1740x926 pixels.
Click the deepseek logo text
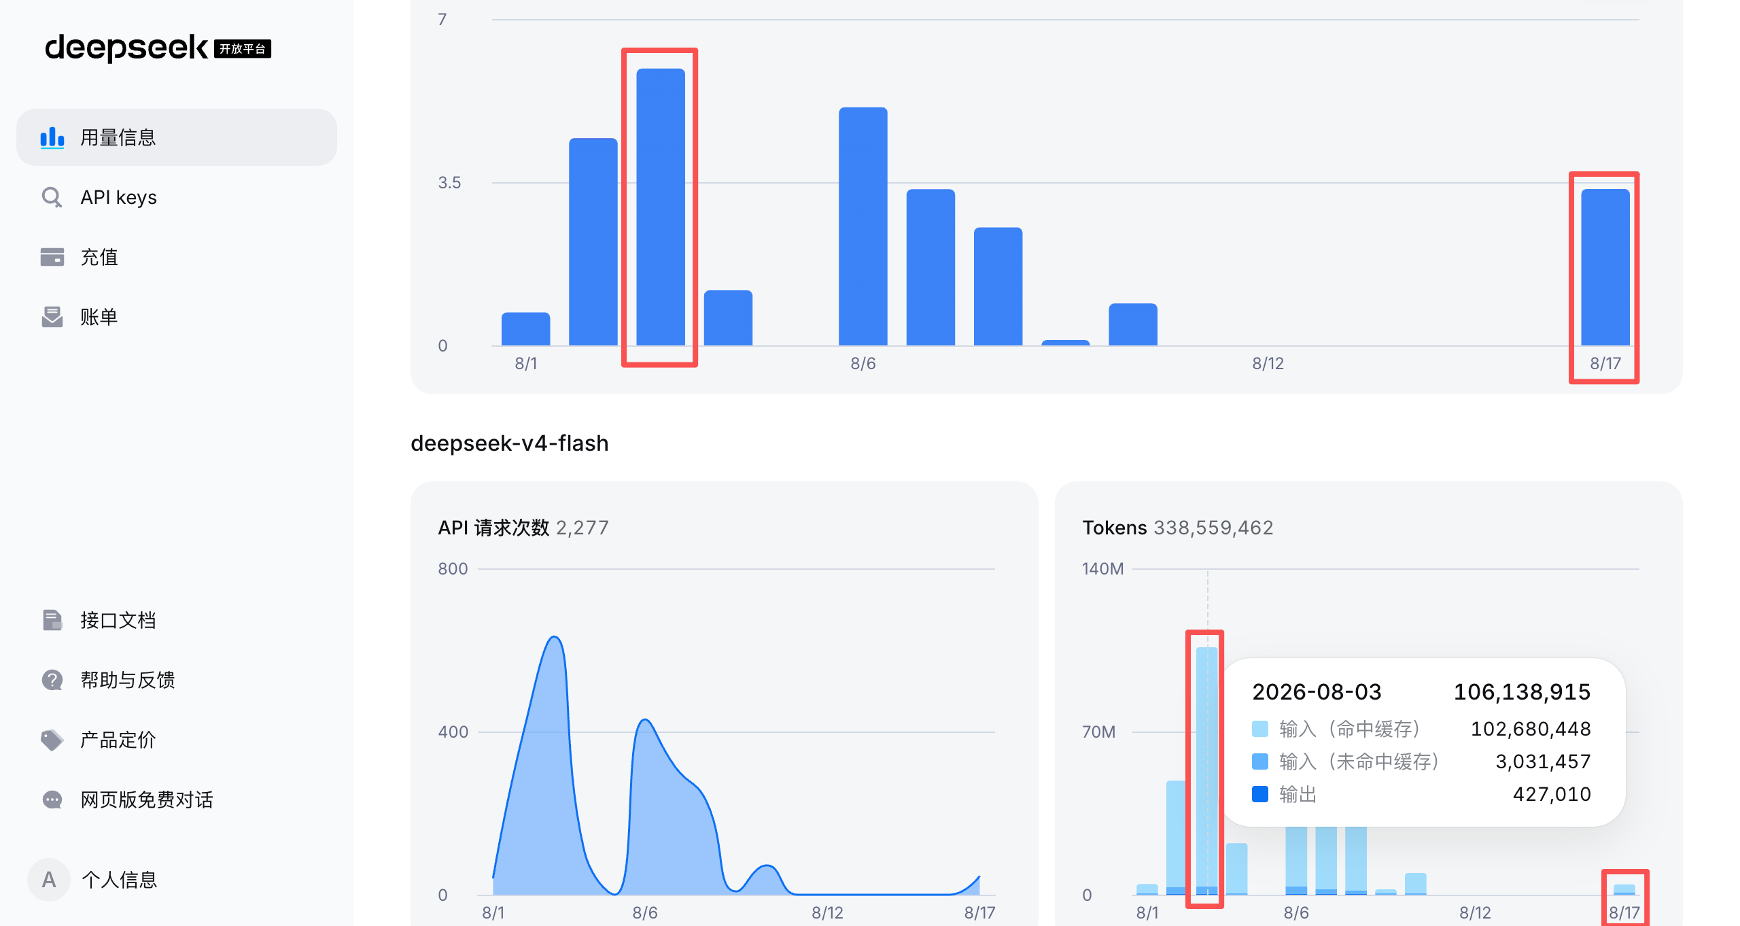click(126, 48)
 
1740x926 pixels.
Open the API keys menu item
click(118, 197)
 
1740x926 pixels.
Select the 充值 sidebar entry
click(99, 257)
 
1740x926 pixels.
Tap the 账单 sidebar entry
click(99, 317)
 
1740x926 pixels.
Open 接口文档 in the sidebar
click(118, 620)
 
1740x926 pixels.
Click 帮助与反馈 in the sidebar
click(128, 680)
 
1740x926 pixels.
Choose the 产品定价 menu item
click(118, 740)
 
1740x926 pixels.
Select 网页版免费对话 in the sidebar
click(147, 800)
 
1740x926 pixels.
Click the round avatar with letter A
click(49, 880)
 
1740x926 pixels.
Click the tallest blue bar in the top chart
click(661, 207)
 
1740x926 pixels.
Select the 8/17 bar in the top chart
click(1605, 267)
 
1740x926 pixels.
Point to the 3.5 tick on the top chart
click(449, 182)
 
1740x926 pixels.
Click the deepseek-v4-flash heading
click(510, 443)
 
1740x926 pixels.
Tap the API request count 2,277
click(582, 528)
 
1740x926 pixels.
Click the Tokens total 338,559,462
click(1214, 528)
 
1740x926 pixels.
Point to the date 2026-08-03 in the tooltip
click(1317, 692)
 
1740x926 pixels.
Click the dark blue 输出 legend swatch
click(1260, 794)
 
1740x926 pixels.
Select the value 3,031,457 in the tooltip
click(1543, 761)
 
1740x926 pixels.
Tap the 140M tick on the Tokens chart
click(1102, 568)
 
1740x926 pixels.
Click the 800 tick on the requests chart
click(453, 568)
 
